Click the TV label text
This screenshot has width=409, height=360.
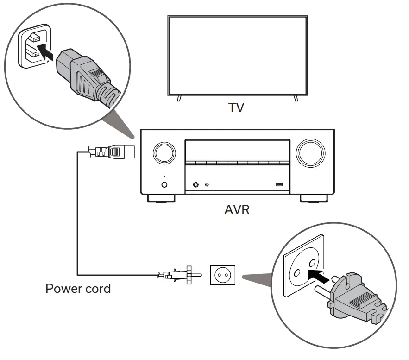point(237,108)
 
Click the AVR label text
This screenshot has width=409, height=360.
point(236,210)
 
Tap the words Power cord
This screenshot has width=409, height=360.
point(78,289)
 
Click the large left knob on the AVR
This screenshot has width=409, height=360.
point(164,152)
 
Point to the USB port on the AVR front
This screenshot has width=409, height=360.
point(279,185)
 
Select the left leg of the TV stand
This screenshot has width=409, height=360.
point(179,99)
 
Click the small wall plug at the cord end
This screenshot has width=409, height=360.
point(181,275)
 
